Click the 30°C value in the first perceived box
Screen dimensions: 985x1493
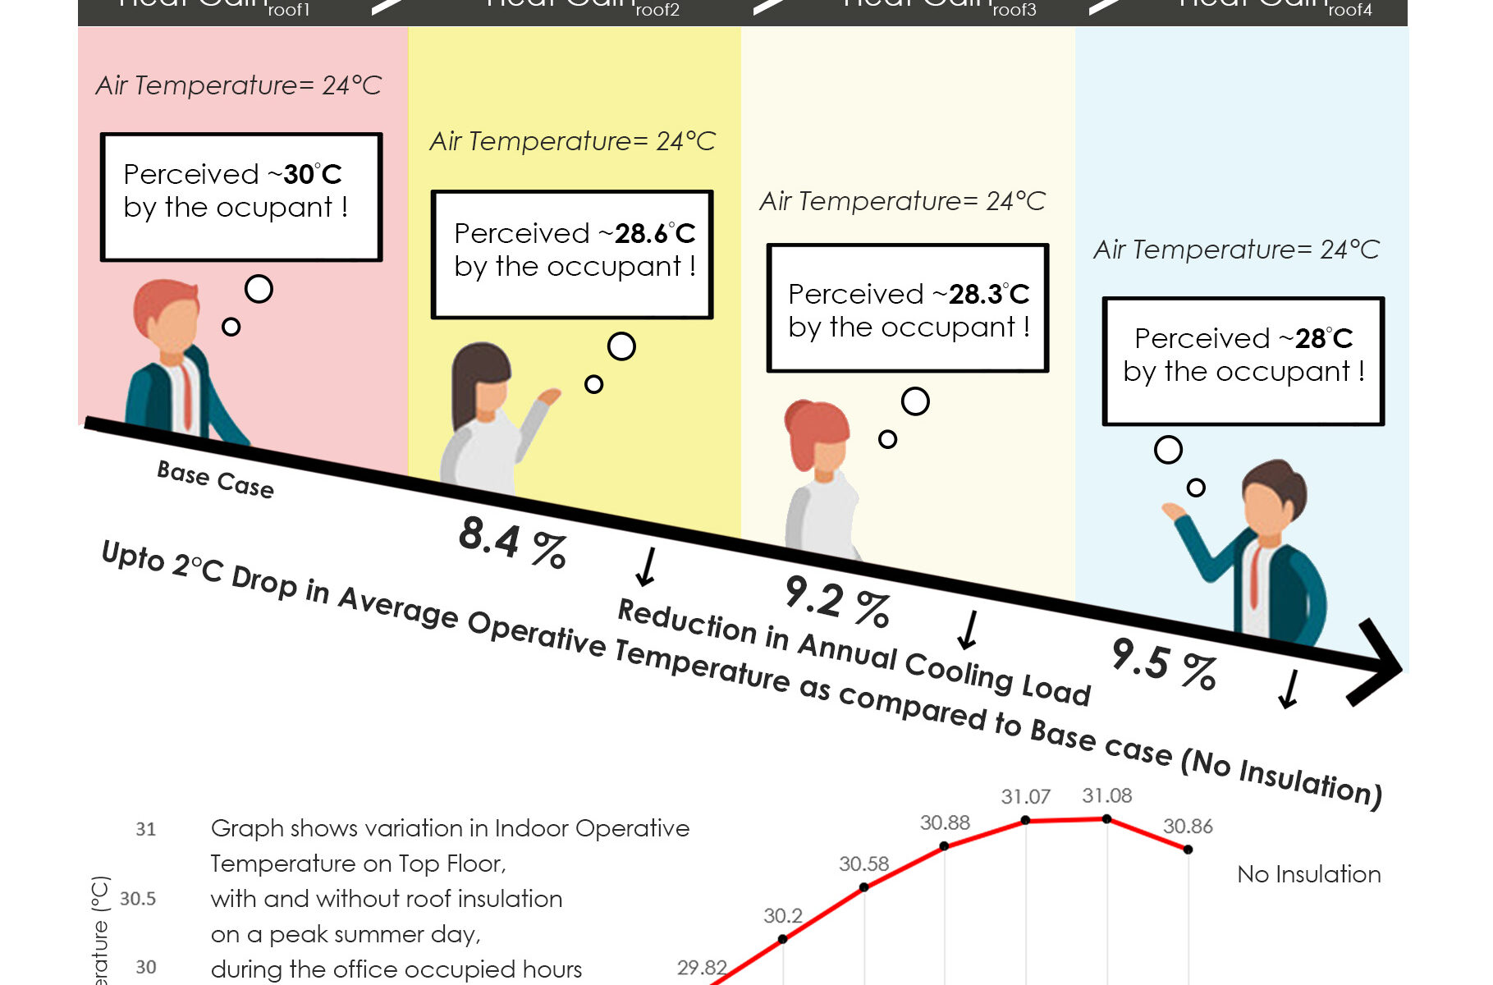point(313,174)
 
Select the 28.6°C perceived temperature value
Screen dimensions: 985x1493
point(655,234)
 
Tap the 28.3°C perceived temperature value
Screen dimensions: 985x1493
point(989,294)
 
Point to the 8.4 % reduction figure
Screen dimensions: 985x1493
point(512,542)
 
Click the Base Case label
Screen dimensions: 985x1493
point(215,479)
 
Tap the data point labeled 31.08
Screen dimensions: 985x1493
point(1106,819)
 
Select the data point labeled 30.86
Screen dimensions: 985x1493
point(1188,850)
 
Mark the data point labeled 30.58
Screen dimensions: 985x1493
point(863,887)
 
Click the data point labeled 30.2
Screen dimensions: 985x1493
point(782,939)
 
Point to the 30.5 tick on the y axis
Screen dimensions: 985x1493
point(138,899)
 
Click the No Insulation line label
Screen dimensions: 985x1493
point(1308,874)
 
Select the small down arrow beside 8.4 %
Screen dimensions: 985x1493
point(647,566)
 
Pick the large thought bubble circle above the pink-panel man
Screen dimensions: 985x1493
point(259,289)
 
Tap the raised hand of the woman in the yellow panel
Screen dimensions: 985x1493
point(547,397)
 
